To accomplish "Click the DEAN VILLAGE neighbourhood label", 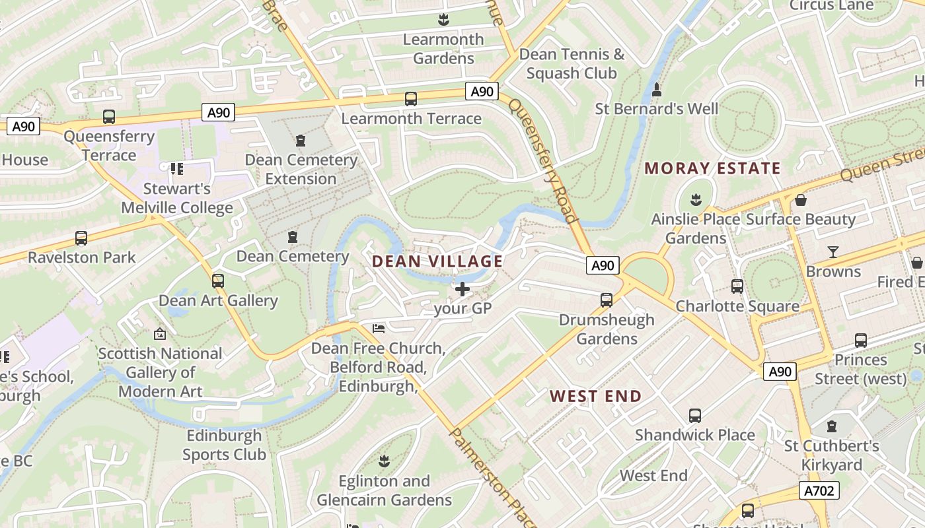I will point(437,261).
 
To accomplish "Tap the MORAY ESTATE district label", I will point(712,168).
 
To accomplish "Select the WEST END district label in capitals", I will point(595,396).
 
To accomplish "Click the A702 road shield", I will point(819,490).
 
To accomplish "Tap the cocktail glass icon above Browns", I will point(833,251).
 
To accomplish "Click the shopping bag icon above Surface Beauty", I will point(801,199).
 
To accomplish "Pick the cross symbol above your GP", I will point(462,288).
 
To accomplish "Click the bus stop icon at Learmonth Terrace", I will point(411,99).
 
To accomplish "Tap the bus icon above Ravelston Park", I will point(81,238).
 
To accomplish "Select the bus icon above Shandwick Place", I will point(694,416).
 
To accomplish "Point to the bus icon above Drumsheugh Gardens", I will point(606,300).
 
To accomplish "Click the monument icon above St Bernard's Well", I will point(657,89).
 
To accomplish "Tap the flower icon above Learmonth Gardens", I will point(443,20).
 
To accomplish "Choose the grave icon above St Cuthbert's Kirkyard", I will point(832,426).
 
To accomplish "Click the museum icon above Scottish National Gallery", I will point(159,334).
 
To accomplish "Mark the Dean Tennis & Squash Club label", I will point(572,63).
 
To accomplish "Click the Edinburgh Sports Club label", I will point(224,445).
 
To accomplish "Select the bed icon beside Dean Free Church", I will point(379,328).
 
